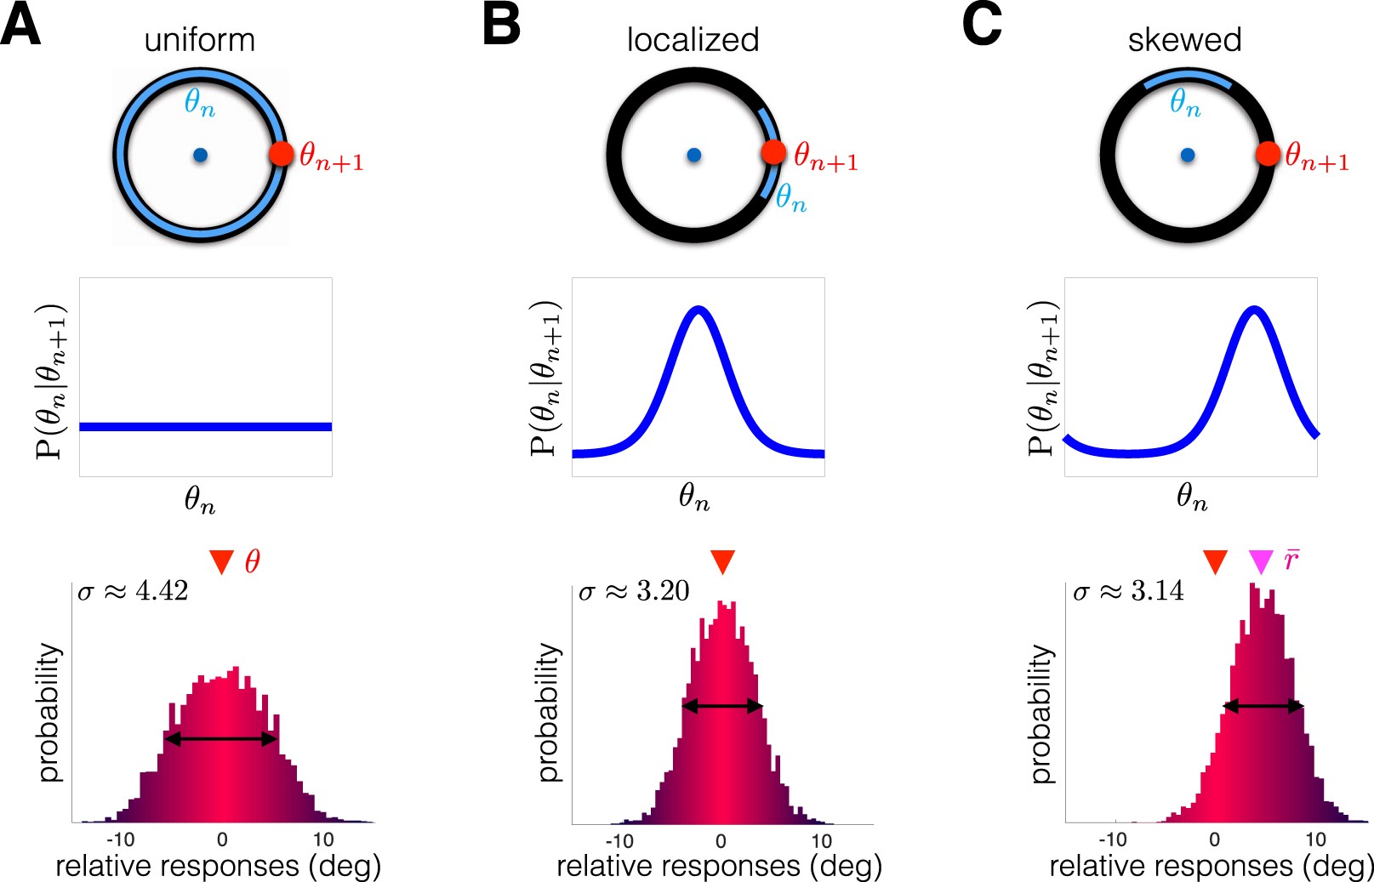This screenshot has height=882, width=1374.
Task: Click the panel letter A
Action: (20, 25)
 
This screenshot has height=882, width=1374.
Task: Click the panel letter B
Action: (501, 25)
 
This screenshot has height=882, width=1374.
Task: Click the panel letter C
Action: (982, 25)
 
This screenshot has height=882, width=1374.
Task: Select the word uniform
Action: (199, 40)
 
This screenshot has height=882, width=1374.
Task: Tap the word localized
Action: (693, 40)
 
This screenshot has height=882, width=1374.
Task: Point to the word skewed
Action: (1184, 40)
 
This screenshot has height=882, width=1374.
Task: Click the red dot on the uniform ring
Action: (282, 154)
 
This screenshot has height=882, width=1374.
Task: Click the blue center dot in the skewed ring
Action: (1188, 155)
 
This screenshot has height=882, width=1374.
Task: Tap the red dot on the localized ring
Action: (773, 152)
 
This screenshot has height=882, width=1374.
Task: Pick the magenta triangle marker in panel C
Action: (1260, 561)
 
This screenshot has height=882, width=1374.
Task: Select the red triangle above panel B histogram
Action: (722, 561)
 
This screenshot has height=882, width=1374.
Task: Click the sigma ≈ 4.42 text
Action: (133, 591)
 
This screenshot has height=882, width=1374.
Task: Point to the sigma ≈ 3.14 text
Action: (1128, 591)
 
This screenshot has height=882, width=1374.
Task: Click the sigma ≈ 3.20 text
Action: (634, 591)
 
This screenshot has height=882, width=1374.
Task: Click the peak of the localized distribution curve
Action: (698, 310)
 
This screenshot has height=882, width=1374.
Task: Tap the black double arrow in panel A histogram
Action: (221, 739)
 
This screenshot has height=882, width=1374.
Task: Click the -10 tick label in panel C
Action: (1112, 840)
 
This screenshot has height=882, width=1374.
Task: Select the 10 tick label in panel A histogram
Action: (323, 840)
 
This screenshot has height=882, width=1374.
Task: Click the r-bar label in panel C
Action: (1291, 560)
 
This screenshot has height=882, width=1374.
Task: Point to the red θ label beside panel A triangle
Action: (253, 561)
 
